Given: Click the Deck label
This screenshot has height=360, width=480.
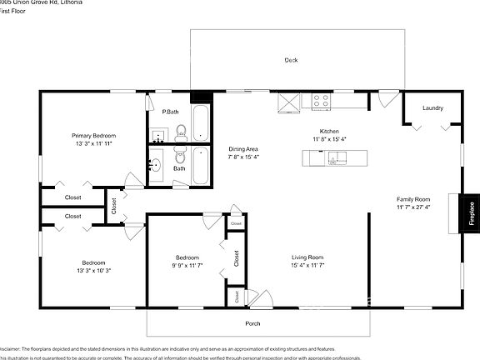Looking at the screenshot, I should (x=291, y=60).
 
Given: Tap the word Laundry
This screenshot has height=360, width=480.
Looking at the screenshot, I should (x=432, y=108).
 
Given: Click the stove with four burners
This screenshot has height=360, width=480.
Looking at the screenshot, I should (x=322, y=102).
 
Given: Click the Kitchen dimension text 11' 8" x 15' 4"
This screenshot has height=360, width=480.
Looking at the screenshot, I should (x=329, y=139).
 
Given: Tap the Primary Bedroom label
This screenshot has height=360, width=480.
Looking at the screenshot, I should (x=93, y=135).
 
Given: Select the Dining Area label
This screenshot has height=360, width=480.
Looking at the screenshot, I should (x=243, y=148).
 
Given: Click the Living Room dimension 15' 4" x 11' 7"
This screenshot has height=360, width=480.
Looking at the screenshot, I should (x=307, y=266).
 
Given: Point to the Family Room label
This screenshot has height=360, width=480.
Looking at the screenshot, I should (x=412, y=199).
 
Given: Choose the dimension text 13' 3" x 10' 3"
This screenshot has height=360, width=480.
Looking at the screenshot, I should (x=93, y=270).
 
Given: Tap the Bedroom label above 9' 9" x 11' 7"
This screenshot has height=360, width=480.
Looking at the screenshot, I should (x=187, y=257).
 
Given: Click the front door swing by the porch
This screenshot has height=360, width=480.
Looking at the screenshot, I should (x=262, y=296).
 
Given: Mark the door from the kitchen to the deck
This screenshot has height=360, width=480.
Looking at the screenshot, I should (x=384, y=99).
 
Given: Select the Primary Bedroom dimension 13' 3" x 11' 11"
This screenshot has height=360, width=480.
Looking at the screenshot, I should (x=93, y=143).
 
